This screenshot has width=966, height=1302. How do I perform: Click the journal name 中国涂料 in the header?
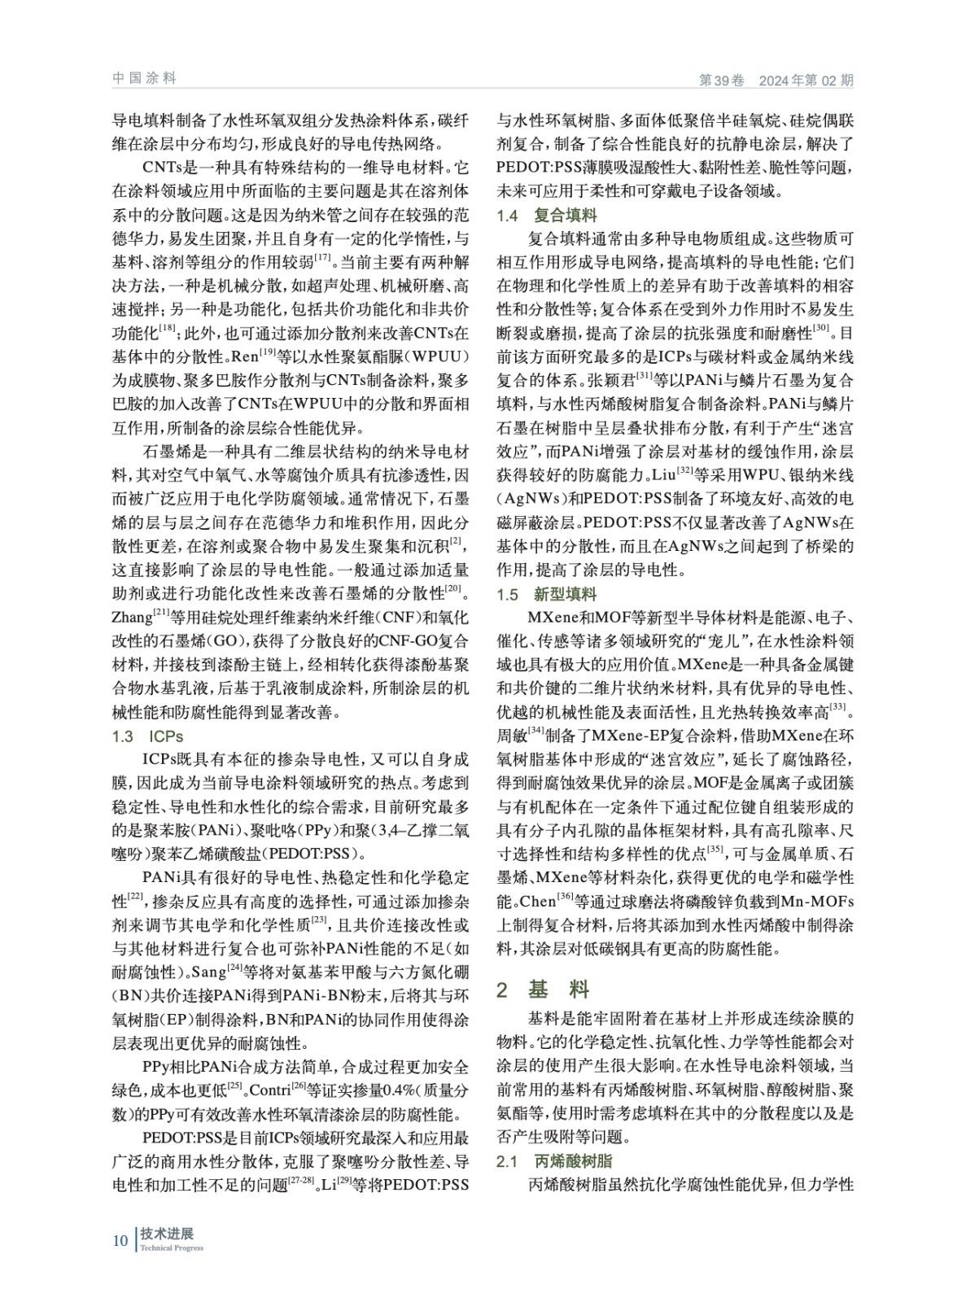tap(143, 78)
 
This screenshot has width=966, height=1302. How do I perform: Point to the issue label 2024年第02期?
tap(806, 81)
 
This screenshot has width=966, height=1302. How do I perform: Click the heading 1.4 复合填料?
tap(546, 216)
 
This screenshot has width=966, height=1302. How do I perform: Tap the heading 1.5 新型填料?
tap(546, 594)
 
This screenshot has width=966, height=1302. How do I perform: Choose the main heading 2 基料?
tap(543, 990)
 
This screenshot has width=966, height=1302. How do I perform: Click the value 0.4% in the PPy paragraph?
tap(381, 1090)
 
